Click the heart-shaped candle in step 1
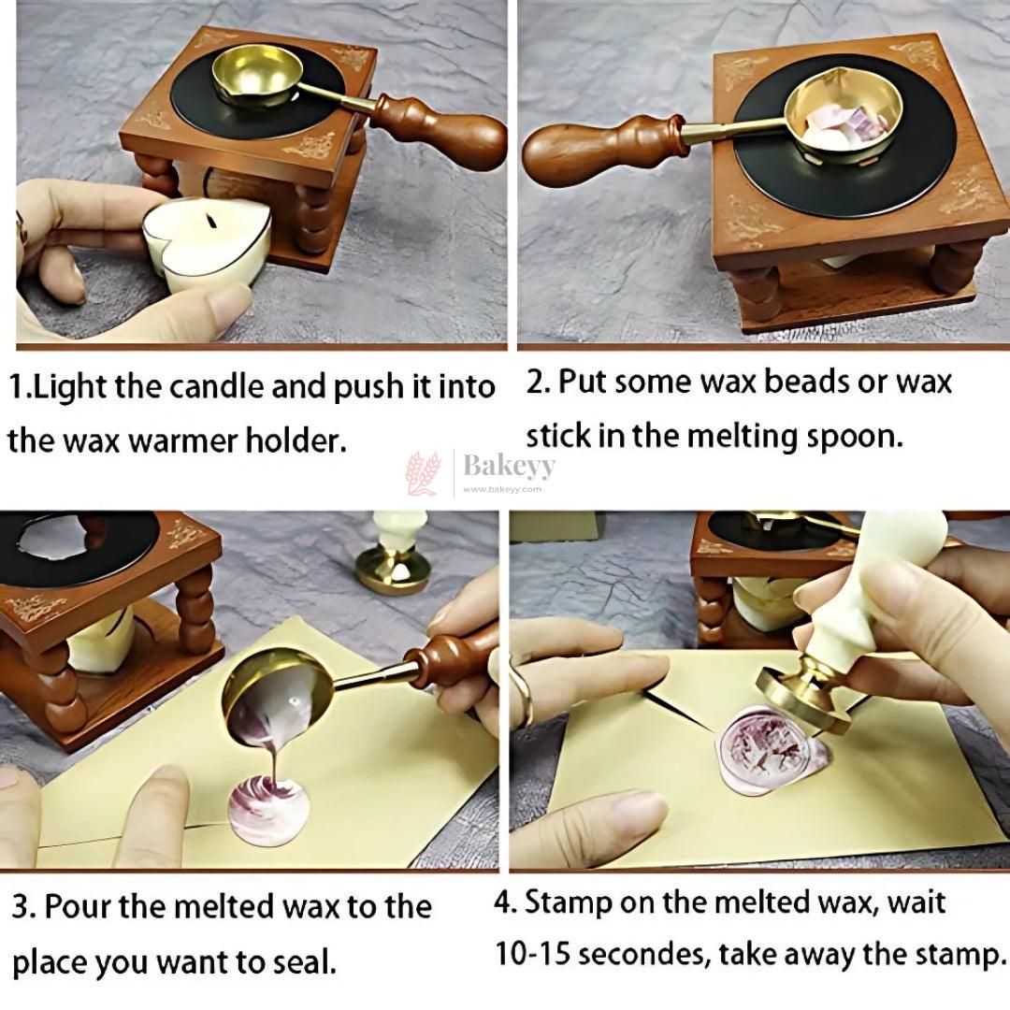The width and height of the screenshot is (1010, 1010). (x=206, y=241)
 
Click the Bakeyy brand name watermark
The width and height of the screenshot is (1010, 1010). (x=509, y=466)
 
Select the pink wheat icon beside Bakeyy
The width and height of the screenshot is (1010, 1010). (x=424, y=473)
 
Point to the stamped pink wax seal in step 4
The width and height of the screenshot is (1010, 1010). (x=773, y=749)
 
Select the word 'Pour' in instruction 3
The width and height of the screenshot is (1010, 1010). (x=78, y=907)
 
